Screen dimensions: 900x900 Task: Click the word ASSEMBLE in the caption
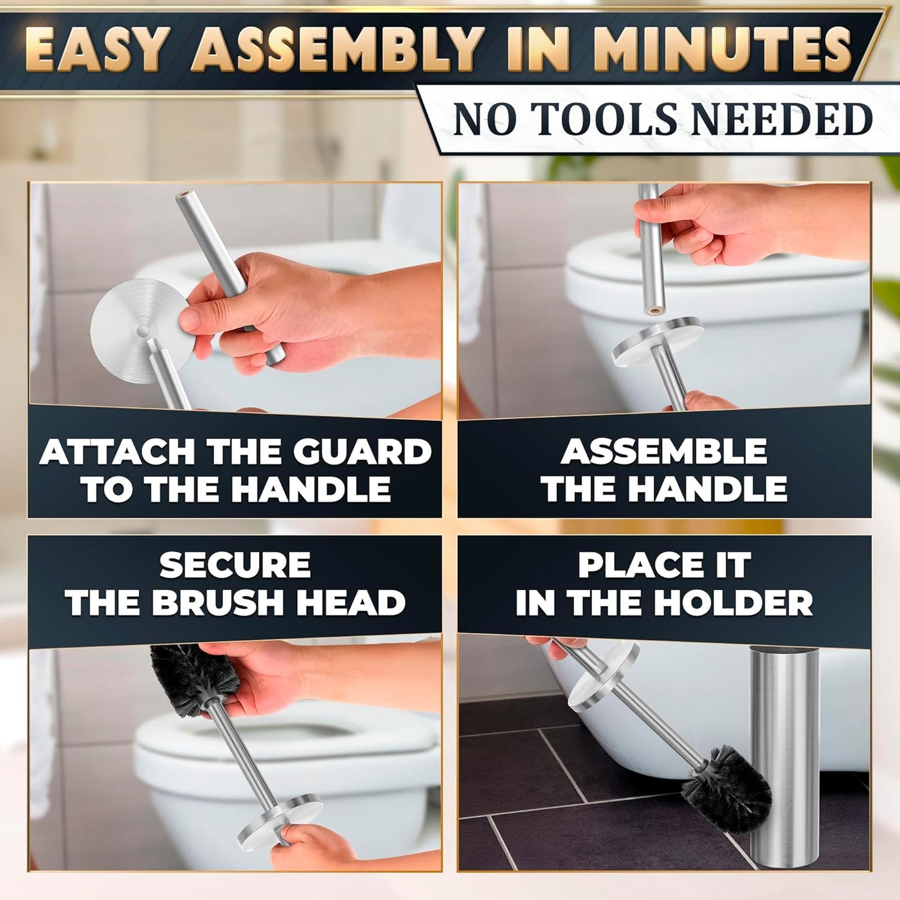coord(664,452)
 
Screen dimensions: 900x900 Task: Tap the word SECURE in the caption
coord(235,566)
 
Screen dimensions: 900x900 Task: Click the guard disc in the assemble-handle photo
coord(657,339)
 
